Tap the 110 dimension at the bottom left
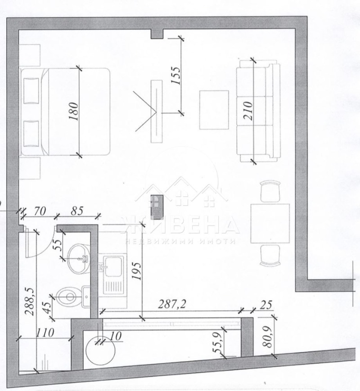pyautogui.click(x=45, y=333)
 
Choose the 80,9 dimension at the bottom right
pyautogui.click(x=268, y=335)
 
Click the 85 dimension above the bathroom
pyautogui.click(x=78, y=210)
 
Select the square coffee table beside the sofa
pyautogui.click(x=214, y=108)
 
